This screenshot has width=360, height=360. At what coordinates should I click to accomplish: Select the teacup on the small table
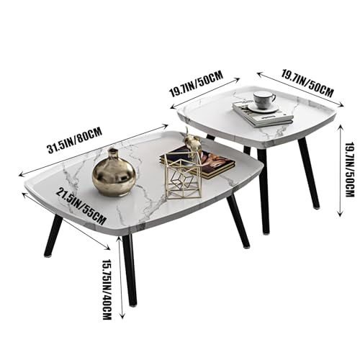click(x=264, y=100)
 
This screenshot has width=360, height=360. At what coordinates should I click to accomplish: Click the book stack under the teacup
click(x=262, y=114)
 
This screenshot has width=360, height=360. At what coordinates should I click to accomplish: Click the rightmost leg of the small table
click(x=309, y=173)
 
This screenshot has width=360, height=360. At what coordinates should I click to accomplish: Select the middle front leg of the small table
click(x=264, y=191)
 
